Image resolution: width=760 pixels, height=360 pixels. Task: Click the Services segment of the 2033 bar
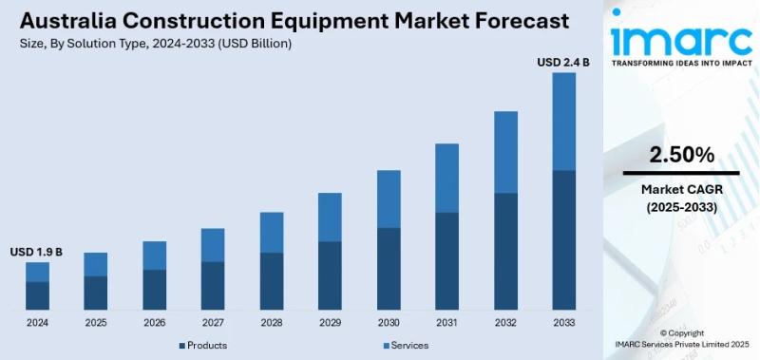click(564, 121)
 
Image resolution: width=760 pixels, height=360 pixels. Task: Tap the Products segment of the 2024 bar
click(37, 295)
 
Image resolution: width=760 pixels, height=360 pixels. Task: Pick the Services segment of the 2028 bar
click(272, 232)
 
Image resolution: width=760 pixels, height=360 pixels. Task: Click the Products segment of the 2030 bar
click(389, 269)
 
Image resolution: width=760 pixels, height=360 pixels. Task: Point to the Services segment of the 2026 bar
click(154, 255)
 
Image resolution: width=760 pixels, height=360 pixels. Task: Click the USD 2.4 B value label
click(563, 62)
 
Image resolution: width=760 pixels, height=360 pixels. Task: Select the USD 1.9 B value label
click(36, 252)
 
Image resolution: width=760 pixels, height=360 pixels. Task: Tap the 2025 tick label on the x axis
click(96, 323)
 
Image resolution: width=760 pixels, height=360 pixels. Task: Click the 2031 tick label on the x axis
click(447, 323)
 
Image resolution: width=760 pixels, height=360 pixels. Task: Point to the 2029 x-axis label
click(330, 323)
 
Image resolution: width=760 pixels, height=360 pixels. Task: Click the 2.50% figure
click(681, 154)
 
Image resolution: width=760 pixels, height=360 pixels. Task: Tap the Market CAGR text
click(681, 190)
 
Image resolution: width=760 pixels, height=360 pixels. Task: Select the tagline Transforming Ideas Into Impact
click(680, 64)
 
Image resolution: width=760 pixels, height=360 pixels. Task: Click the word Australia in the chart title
click(62, 20)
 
